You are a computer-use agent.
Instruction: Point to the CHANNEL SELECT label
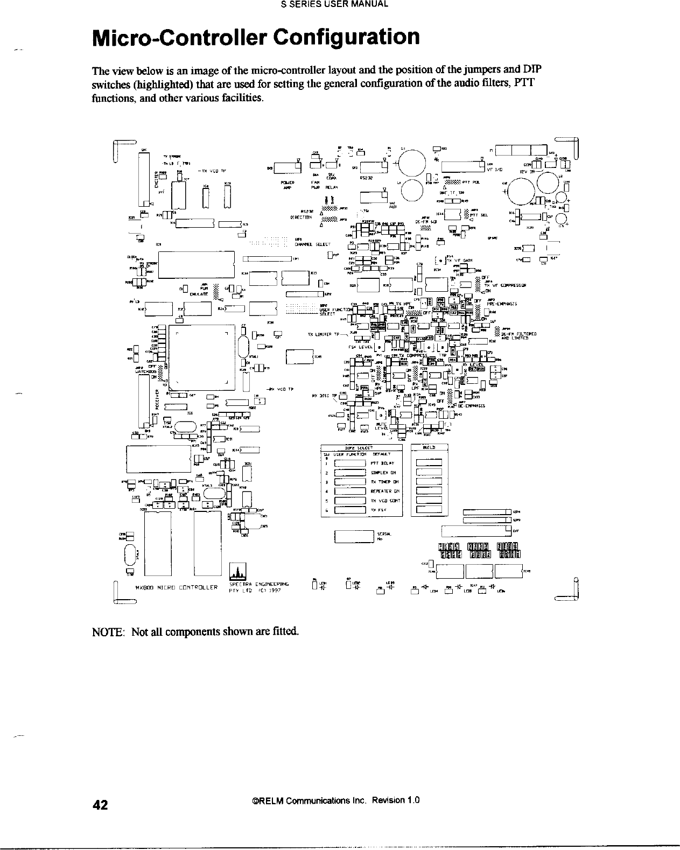tap(308, 243)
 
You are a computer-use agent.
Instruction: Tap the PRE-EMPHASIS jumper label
tap(503, 303)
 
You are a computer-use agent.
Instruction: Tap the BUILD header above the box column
tap(429, 447)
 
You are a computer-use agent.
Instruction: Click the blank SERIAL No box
tap(354, 537)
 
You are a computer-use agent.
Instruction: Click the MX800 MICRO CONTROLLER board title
tap(176, 587)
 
